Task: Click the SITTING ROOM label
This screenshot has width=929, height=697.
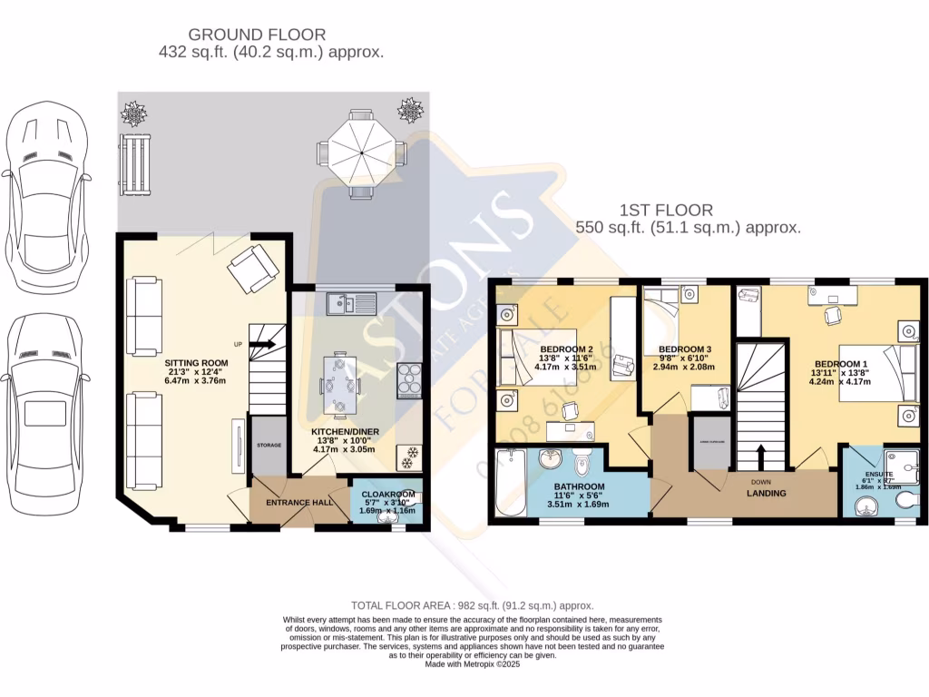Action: click(196, 362)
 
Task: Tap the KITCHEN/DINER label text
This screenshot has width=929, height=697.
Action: click(345, 432)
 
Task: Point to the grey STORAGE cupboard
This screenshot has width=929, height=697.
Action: click(268, 445)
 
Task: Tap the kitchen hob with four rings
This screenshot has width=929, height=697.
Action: click(409, 381)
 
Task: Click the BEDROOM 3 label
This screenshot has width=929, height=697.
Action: click(685, 349)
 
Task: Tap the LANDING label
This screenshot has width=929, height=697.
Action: click(767, 494)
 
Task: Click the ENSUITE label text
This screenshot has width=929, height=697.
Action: click(878, 475)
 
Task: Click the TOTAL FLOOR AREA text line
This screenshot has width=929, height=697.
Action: click(472, 605)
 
